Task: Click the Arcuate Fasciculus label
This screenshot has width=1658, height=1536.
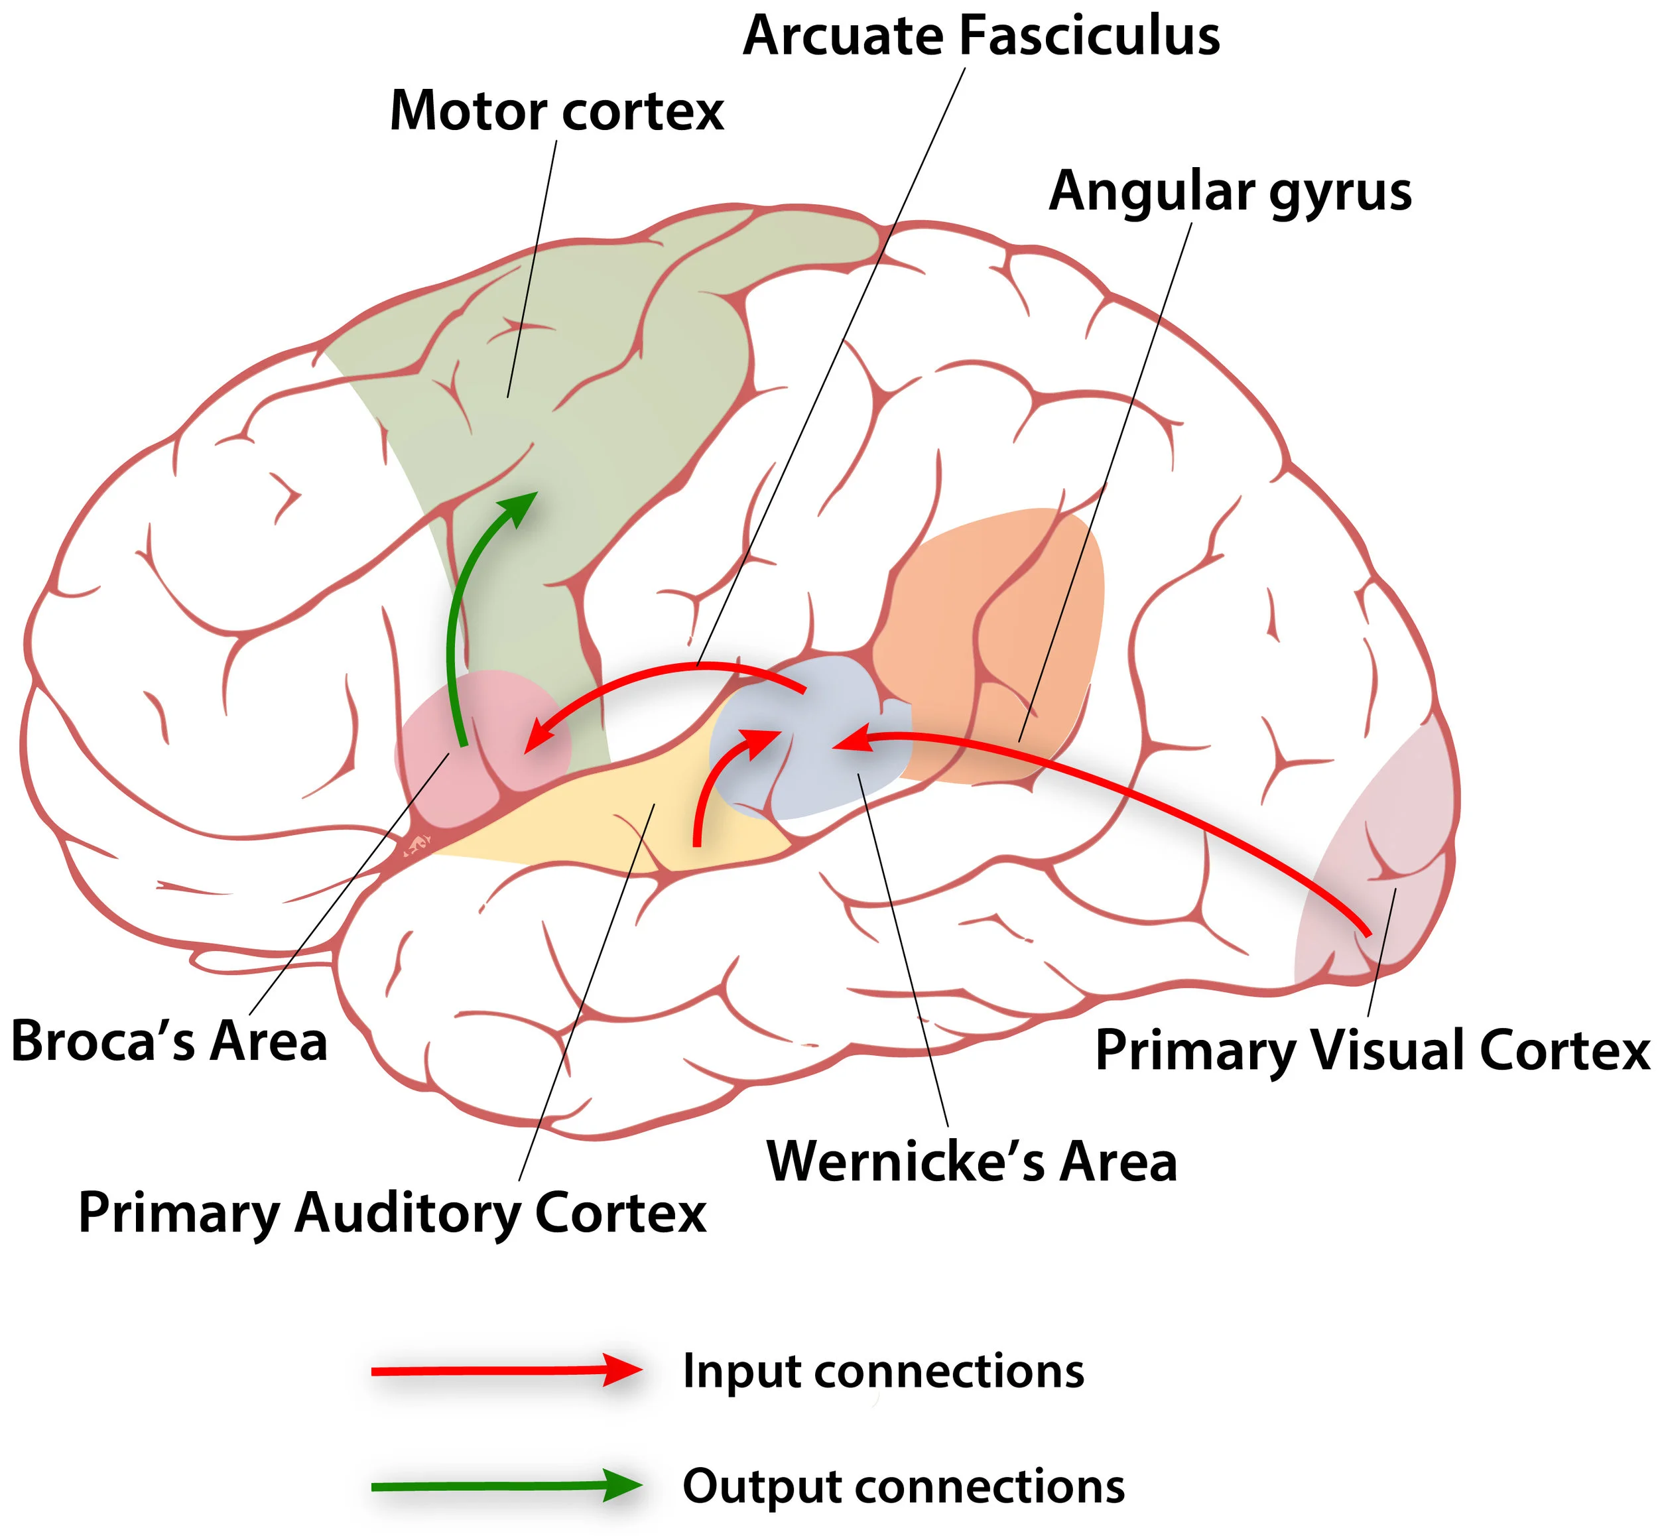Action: click(981, 36)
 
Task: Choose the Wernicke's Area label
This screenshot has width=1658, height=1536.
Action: click(972, 1161)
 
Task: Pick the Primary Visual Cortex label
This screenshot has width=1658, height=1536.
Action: click(1372, 1050)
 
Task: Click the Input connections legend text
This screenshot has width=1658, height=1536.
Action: click(883, 1371)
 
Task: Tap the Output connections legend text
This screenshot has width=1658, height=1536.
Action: click(903, 1486)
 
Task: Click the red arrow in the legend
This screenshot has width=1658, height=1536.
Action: click(507, 1371)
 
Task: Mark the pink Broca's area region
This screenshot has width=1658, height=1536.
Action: click(432, 748)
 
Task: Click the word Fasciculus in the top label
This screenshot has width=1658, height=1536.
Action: click(1090, 36)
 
